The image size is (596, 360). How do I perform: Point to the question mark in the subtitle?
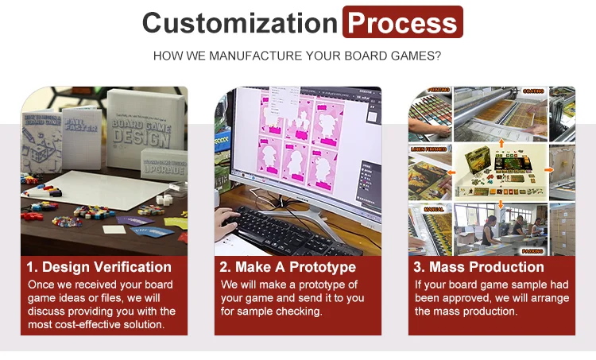point(438,56)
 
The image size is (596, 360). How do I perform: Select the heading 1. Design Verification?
point(99,267)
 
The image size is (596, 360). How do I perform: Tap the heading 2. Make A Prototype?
point(288,267)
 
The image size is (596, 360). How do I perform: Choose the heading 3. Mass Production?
point(479,267)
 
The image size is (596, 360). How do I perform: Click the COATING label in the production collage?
point(532,91)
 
